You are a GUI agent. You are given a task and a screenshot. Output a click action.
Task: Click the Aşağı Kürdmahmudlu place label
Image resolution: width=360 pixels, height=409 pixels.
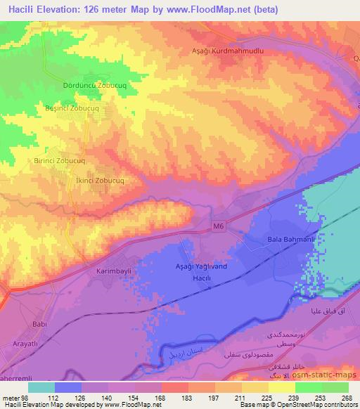click(229, 51)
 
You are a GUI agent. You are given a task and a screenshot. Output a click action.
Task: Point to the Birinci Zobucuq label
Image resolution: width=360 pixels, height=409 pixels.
click(60, 160)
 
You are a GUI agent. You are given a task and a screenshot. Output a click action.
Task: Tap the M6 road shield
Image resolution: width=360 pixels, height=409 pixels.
click(219, 226)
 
